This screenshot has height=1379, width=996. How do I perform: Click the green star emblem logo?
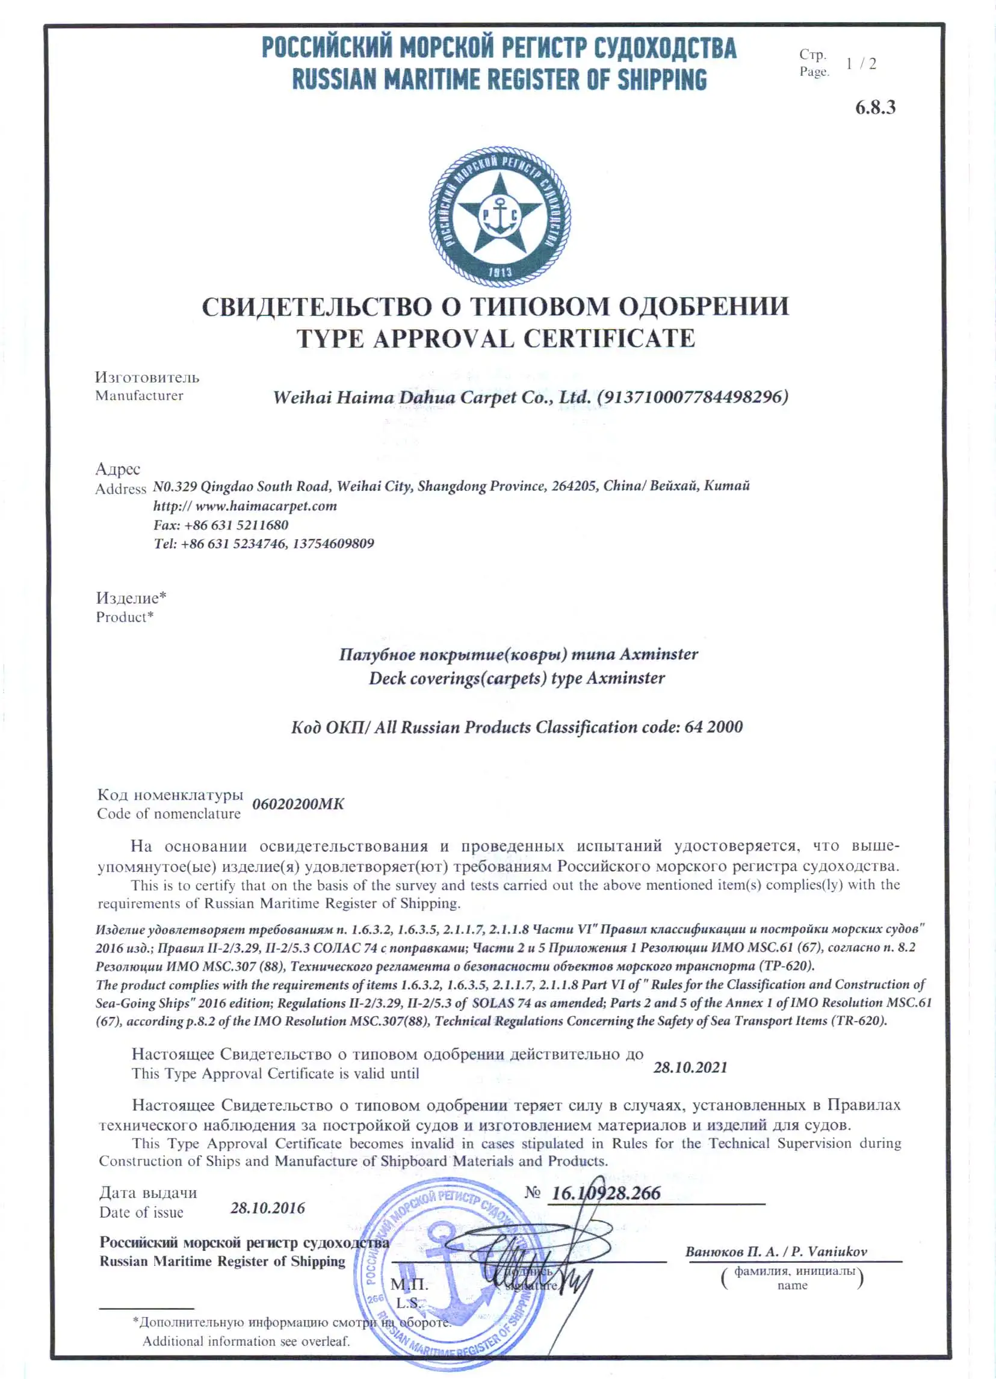[500, 215]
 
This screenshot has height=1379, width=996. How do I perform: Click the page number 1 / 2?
[861, 63]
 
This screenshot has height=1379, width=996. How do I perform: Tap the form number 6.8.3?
[875, 108]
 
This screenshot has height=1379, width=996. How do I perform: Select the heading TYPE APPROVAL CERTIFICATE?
[495, 339]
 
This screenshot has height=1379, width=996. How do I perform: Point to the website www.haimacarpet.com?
[266, 506]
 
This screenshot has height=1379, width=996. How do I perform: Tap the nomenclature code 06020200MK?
[298, 804]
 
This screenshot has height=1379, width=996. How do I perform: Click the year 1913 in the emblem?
[501, 273]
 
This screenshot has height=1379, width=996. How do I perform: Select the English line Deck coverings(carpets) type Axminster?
[517, 678]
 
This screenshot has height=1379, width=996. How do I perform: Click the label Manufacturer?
[139, 396]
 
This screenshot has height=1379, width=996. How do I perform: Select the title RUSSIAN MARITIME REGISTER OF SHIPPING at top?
[500, 79]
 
